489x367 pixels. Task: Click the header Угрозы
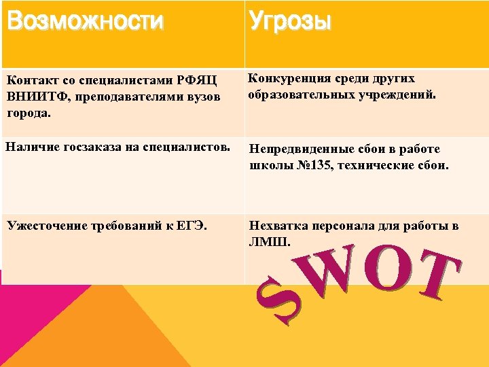[290, 22]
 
